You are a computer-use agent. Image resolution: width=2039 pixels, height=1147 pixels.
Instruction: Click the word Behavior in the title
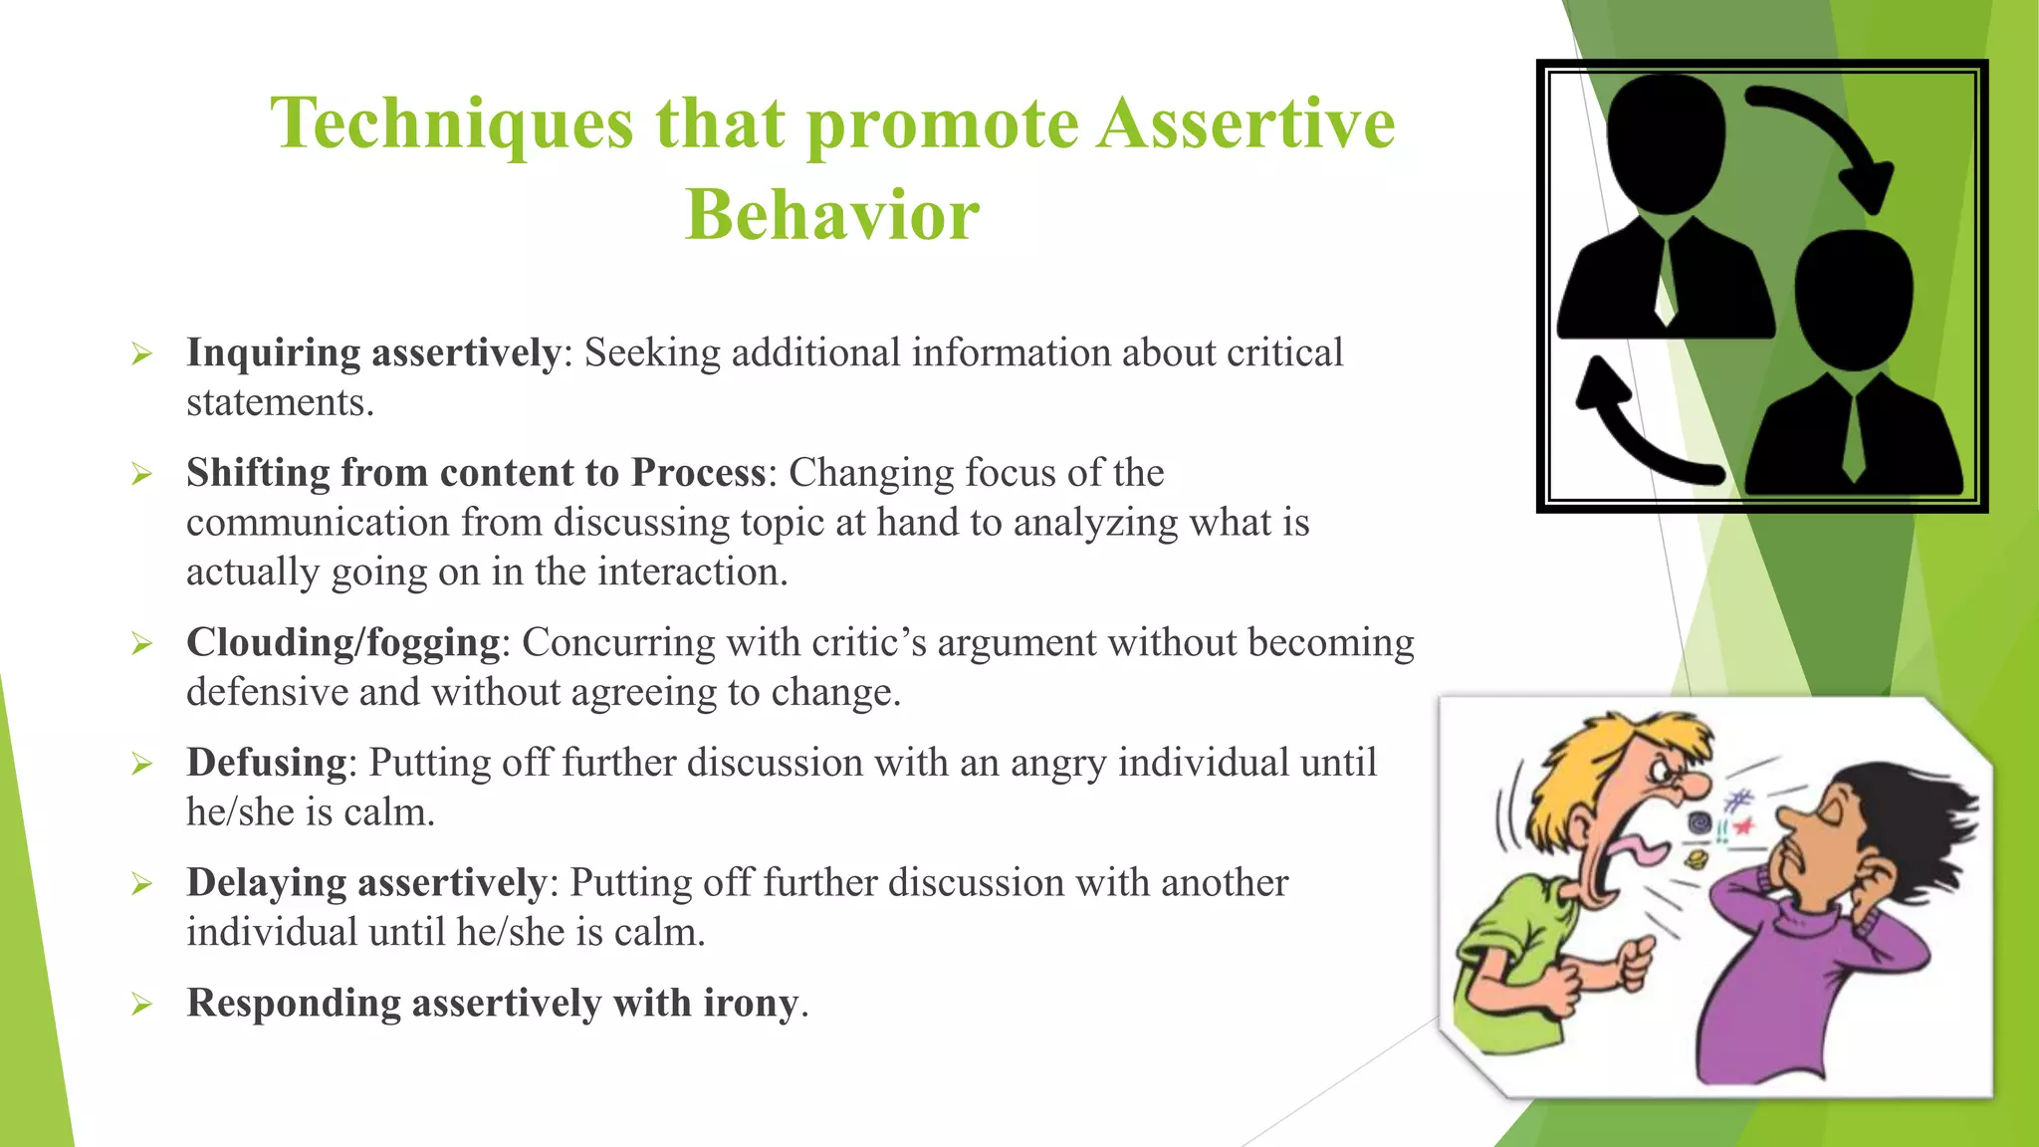(x=832, y=215)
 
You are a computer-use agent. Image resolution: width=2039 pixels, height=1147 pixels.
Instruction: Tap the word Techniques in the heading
(x=452, y=123)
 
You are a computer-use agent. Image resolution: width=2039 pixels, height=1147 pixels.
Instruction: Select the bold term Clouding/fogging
(x=342, y=643)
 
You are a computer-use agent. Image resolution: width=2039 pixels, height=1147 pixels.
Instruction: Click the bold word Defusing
(x=266, y=763)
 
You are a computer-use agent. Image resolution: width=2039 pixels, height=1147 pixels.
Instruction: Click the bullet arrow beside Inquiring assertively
(x=141, y=354)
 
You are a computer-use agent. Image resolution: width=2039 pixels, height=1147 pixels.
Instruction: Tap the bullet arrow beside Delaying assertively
(x=141, y=884)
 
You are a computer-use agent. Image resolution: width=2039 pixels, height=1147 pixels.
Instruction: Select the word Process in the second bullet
(x=698, y=473)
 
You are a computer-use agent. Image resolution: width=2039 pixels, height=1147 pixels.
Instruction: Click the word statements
(x=279, y=403)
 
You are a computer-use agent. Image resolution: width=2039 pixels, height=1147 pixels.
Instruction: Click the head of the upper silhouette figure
(x=1666, y=139)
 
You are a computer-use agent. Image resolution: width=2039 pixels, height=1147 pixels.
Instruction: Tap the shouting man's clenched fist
(x=1634, y=961)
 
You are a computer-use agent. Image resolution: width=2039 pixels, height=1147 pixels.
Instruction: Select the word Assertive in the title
(x=1246, y=123)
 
